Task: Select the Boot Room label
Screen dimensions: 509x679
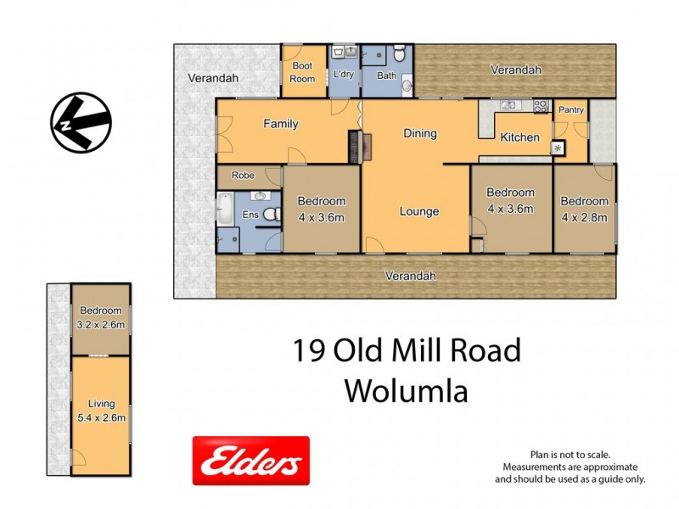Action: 303,72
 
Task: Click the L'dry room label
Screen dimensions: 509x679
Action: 344,75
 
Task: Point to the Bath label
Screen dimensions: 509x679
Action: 386,76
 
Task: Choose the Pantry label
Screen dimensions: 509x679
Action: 570,109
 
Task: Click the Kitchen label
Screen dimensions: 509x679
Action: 519,137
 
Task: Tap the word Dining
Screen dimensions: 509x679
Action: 419,133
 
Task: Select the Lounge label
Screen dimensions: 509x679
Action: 419,211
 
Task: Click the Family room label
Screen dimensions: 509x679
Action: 280,124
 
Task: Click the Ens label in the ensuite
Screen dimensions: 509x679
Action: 251,215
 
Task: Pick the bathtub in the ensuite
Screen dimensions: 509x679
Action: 226,210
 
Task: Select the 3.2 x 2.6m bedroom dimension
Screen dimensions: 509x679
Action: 100,324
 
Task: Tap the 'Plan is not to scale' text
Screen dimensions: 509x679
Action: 570,455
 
